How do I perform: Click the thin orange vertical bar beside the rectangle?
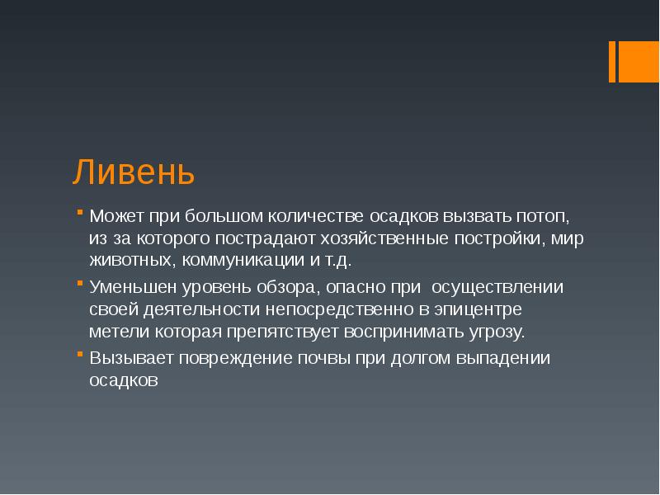pyautogui.click(x=613, y=62)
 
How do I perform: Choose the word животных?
pyautogui.click(x=128, y=261)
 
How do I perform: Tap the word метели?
pyautogui.click(x=115, y=332)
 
